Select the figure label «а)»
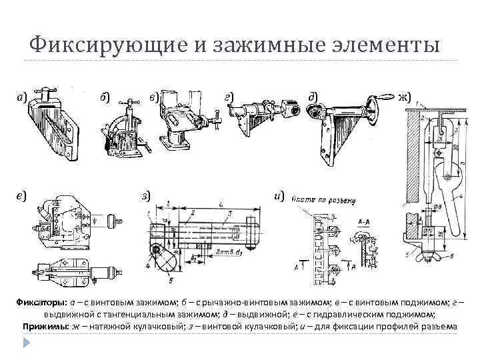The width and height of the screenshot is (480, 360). [x=22, y=98]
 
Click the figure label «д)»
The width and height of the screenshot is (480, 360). [x=312, y=97]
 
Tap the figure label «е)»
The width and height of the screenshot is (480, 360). [x=22, y=195]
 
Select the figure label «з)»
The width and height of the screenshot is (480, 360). [x=146, y=195]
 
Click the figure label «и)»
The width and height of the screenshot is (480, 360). [x=279, y=195]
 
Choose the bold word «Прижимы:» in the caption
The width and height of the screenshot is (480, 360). [x=45, y=326]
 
